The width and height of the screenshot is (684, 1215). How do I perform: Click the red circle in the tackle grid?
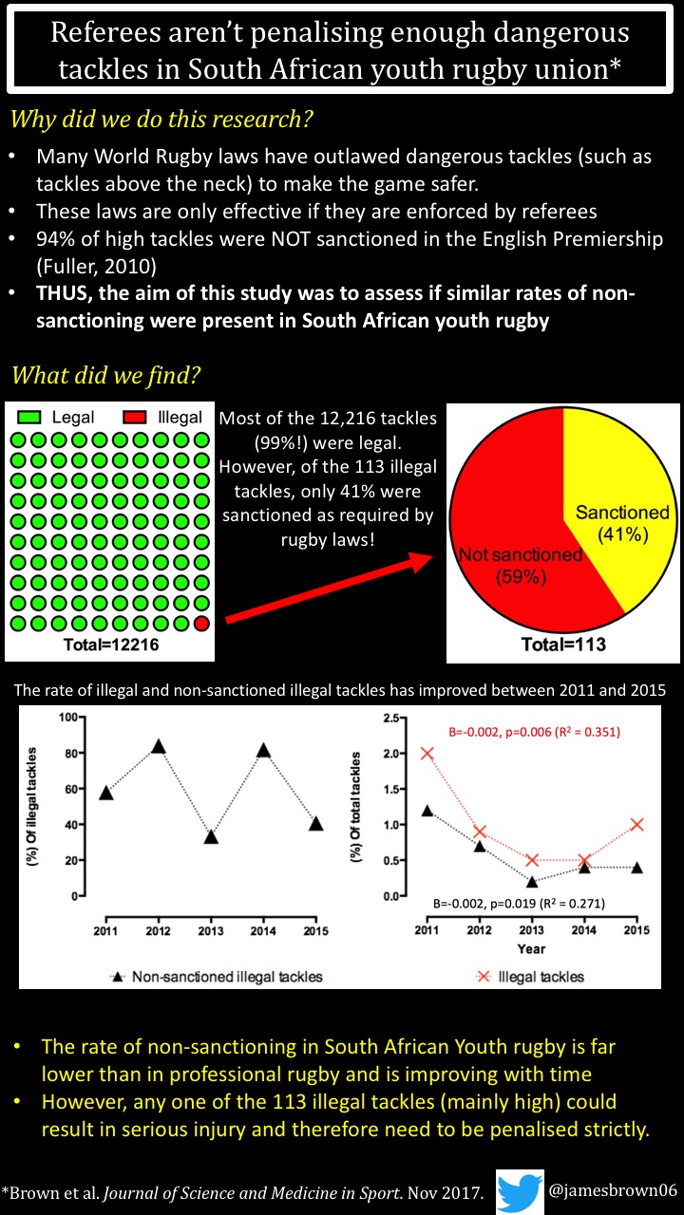[200, 624]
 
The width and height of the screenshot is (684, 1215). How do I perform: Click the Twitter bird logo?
[520, 1191]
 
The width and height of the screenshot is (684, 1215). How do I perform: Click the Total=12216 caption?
[107, 645]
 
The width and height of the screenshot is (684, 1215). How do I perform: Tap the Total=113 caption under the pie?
[563, 645]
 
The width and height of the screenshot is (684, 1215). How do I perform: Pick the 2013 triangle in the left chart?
[211, 836]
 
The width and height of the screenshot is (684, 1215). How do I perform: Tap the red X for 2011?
[427, 753]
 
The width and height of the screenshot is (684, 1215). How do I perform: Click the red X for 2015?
[637, 824]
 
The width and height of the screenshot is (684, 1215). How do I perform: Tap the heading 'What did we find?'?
[105, 376]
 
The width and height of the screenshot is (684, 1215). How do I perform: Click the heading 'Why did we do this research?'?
[161, 121]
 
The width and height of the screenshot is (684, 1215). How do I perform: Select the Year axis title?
[533, 948]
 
